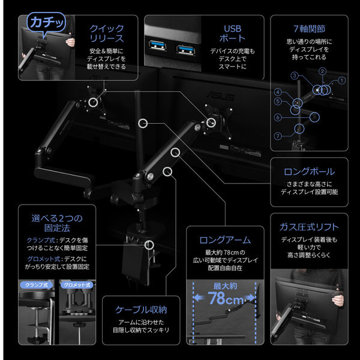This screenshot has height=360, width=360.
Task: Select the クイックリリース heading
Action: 107,34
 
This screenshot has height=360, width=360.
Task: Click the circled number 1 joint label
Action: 342,80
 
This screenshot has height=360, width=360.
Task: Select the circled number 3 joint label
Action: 295,76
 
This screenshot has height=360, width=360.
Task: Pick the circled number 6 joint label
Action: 278,118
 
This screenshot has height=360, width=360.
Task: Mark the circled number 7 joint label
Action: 278,137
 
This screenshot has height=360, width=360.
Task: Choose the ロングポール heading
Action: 309,172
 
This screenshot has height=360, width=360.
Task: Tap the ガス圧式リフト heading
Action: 309,227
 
